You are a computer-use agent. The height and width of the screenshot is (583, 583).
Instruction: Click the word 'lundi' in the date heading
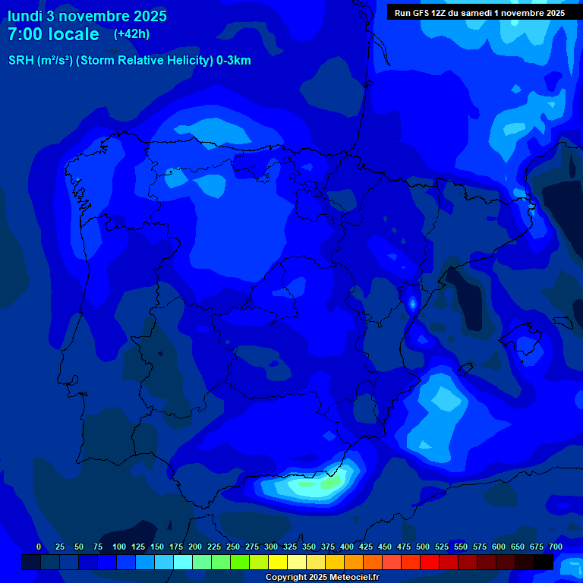tap(25, 16)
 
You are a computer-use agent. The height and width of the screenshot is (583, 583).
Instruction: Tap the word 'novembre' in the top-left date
tap(93, 16)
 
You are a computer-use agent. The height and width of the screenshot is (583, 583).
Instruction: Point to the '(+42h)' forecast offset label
tap(131, 33)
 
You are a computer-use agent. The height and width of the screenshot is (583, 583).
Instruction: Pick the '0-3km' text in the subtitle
tap(233, 61)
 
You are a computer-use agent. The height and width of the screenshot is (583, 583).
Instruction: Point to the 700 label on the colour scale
tap(555, 547)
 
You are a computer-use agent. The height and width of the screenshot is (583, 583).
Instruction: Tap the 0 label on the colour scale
tap(39, 547)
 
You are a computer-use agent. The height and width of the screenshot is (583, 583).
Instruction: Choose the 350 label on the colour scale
tap(309, 547)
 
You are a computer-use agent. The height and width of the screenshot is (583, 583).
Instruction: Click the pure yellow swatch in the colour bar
tap(278, 562)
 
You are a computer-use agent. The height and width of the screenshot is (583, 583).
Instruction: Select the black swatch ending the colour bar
tap(544, 562)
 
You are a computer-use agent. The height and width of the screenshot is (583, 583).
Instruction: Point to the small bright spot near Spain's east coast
tap(412, 304)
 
